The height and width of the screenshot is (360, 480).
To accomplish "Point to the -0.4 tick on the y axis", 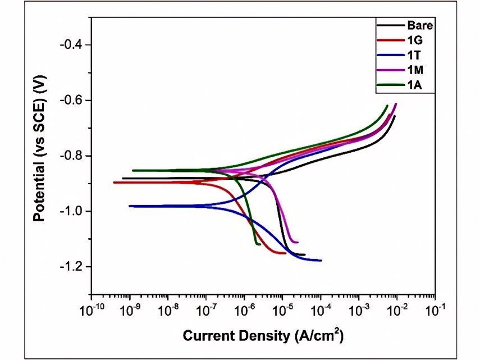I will coord(72,45).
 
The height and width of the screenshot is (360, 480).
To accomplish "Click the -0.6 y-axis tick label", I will coord(72,101).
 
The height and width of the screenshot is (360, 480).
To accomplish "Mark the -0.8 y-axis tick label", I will coord(72,156).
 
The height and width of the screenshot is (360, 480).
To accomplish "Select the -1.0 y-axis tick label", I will coord(72,211).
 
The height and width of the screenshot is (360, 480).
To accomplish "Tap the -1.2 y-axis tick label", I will coord(72,266).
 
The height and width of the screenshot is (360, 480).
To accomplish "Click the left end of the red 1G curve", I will coord(114,183).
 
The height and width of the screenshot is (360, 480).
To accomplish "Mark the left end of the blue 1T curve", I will coord(130,206).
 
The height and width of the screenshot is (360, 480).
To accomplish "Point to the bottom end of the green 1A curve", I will coord(259,244).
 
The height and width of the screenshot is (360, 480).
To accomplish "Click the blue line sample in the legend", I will coord(390,55).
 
